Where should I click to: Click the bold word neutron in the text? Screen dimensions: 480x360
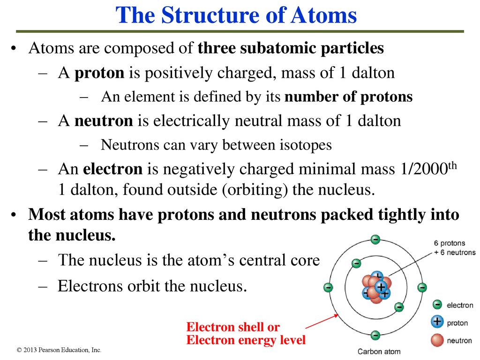(104, 120)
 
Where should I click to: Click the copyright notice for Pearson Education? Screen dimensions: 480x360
(59, 350)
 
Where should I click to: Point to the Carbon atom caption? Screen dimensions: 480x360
(379, 352)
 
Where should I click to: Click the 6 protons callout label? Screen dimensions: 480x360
(450, 243)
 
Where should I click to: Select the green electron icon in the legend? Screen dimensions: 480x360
(437, 305)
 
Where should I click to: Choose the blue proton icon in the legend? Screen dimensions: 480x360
(437, 322)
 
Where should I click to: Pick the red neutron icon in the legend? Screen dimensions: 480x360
(437, 340)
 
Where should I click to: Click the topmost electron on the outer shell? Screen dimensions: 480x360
(375, 239)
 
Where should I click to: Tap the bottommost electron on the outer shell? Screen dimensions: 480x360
(375, 335)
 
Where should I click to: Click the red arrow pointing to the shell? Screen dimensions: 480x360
(322, 322)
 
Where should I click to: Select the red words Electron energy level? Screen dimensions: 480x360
(246, 340)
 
